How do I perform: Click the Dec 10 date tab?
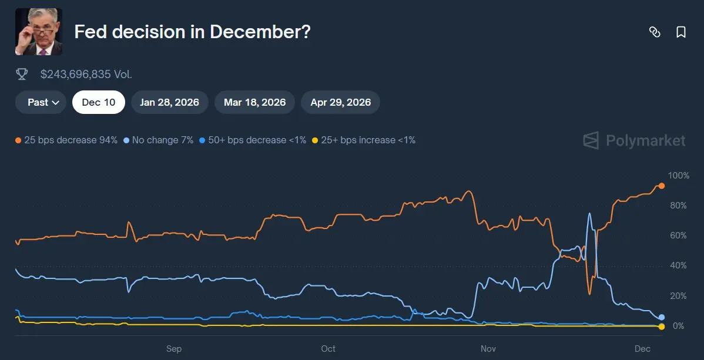[98, 102]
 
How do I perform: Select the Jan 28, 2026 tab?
[169, 102]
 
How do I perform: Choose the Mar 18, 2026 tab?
[254, 102]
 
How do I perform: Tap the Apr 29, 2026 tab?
[340, 102]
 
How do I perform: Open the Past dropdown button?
[43, 102]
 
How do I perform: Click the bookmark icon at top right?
[681, 32]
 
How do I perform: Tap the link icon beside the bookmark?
[655, 32]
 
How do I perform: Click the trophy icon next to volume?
[22, 74]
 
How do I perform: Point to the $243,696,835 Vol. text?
[86, 74]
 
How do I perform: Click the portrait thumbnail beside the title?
[39, 32]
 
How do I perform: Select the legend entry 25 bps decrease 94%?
[66, 140]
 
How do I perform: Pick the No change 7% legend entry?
[159, 140]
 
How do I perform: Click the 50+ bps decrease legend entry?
[253, 140]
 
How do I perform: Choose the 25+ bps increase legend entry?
[364, 140]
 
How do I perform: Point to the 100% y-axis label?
[679, 176]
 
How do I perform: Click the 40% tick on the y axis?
[679, 265]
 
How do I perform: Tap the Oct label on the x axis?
[328, 349]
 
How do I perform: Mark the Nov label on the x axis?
[488, 349]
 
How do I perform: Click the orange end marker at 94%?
[661, 186]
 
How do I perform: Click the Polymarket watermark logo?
[634, 140]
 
